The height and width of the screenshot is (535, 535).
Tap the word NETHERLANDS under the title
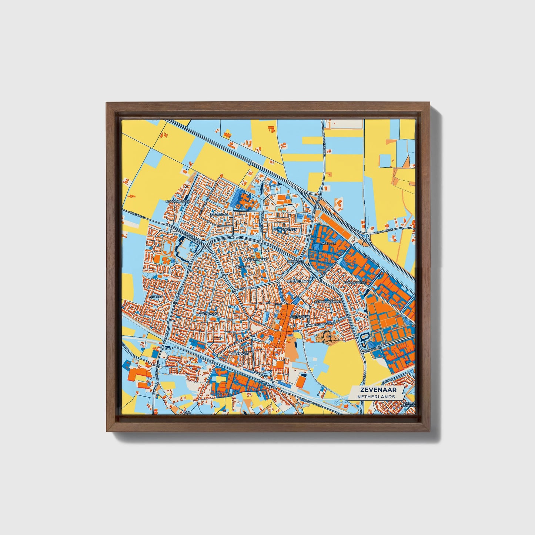(x=376, y=397)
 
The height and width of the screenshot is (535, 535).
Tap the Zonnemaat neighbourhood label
(x=208, y=314)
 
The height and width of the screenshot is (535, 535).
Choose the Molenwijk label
(x=240, y=354)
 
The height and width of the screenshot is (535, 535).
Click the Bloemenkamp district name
(x=298, y=281)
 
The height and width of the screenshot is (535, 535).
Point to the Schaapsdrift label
(x=355, y=282)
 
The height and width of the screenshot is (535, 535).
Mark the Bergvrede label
(x=300, y=317)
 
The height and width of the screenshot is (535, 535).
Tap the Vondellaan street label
(x=325, y=324)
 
